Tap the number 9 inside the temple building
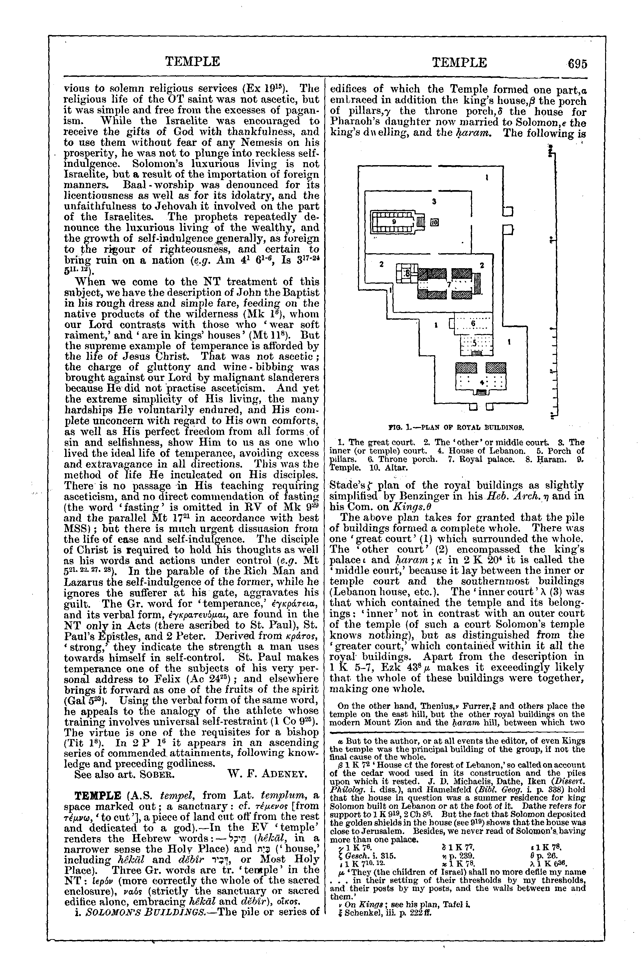tap(394, 221)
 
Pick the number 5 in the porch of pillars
tap(475, 343)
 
